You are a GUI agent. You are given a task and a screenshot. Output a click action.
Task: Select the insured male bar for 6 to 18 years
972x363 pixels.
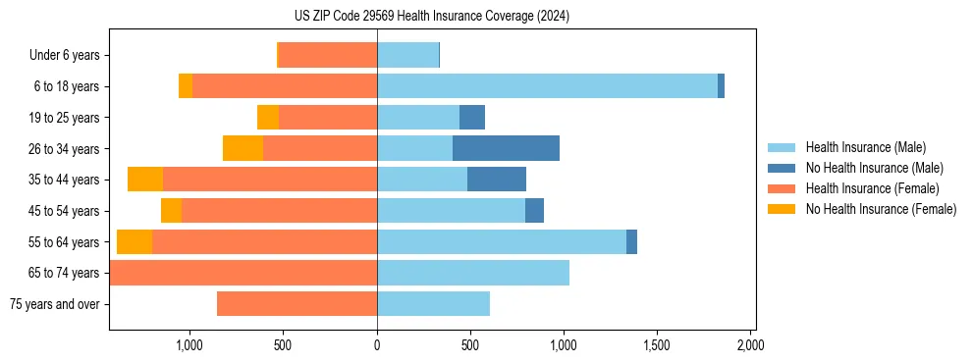coord(547,86)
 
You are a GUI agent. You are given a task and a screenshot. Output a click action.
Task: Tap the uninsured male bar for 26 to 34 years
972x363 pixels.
coord(506,148)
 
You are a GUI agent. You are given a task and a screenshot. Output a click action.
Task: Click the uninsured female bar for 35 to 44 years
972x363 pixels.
coord(145,180)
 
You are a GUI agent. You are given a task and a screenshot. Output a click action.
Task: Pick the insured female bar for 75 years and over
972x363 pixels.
coord(297,304)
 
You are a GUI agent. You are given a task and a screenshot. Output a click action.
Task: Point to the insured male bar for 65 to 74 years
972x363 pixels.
coord(473,273)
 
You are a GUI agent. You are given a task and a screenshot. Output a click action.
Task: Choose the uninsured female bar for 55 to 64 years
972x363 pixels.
coord(135,241)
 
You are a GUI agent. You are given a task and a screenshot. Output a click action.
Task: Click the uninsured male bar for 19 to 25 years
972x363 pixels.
coord(472,118)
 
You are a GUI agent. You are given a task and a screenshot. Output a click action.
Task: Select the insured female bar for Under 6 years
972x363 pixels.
coord(328,55)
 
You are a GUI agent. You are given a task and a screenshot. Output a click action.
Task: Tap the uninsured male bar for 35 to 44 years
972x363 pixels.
coord(497,180)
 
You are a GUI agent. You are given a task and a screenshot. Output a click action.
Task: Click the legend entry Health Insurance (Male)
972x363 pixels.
coord(865,147)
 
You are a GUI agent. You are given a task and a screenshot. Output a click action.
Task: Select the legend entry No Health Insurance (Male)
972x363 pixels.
coord(873,168)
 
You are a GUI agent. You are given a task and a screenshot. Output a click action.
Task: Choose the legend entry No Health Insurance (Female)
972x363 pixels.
coord(881,209)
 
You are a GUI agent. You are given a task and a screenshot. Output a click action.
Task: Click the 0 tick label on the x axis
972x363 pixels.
coord(377,345)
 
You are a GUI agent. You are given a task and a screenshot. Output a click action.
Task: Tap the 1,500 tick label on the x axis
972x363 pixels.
coord(657,345)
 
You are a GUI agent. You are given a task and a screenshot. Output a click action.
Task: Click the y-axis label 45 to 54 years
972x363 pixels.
coord(65,211)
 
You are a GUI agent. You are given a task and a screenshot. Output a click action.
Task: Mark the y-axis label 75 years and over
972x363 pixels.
coord(55,304)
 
